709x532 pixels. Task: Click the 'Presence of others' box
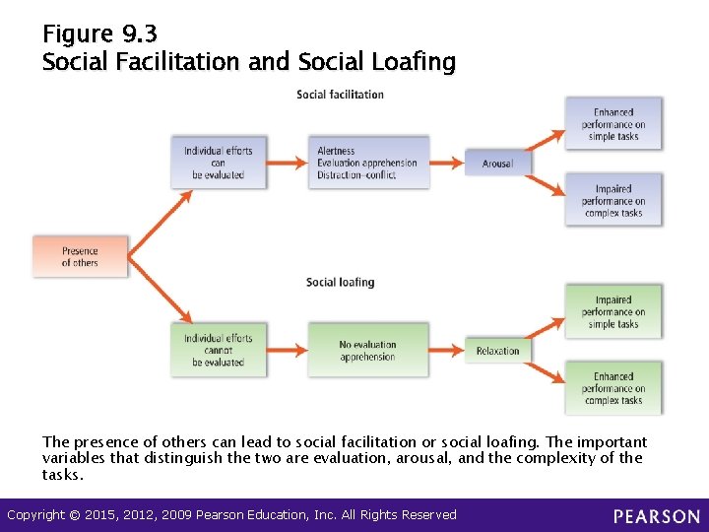click(x=80, y=256)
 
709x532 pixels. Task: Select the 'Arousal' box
click(x=497, y=164)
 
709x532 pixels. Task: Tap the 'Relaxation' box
click(x=497, y=351)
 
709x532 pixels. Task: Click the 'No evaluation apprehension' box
click(x=367, y=351)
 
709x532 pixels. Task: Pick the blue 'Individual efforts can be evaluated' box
click(x=218, y=163)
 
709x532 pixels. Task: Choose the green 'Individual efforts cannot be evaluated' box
click(x=218, y=350)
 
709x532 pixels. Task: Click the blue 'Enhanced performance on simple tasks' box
click(x=612, y=124)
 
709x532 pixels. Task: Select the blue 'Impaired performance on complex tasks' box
click(x=612, y=200)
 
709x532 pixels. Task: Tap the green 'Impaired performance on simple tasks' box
click(x=612, y=311)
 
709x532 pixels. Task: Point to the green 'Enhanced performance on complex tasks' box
click(x=612, y=387)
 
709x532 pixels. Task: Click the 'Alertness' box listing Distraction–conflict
click(x=367, y=163)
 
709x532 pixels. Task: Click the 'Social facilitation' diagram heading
click(x=340, y=95)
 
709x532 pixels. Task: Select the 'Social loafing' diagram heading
click(x=340, y=283)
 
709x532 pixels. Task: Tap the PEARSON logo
click(x=657, y=516)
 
